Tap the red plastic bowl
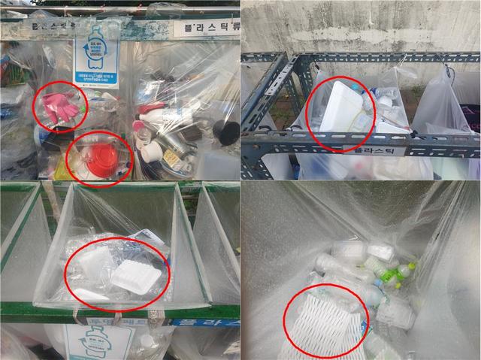100,158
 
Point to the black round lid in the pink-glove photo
225,132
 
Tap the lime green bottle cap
411,266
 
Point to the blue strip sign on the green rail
203,322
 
